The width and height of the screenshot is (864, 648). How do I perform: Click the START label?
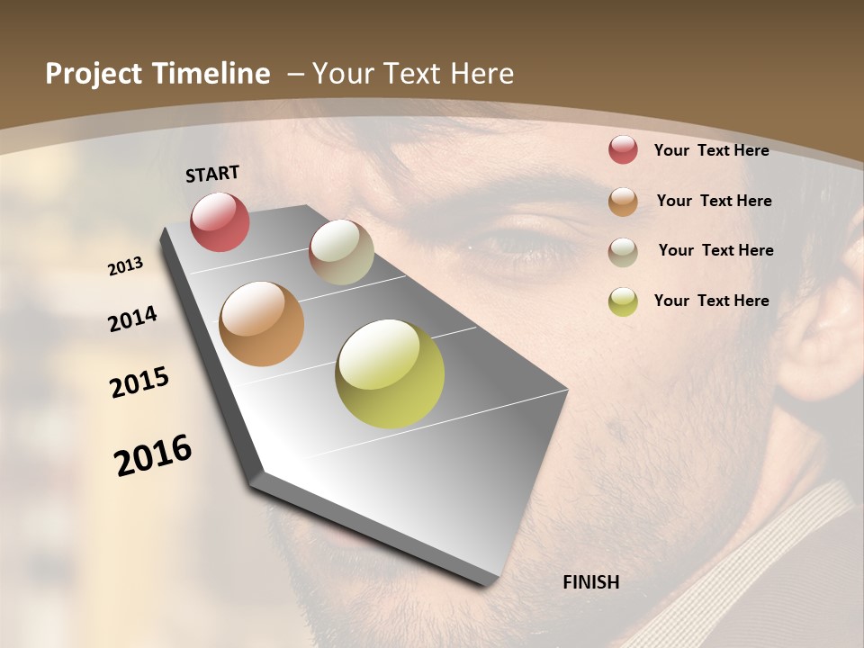(212, 174)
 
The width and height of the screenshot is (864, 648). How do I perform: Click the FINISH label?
(590, 582)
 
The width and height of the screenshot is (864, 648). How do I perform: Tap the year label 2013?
(125, 265)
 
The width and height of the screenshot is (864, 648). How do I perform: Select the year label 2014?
(132, 319)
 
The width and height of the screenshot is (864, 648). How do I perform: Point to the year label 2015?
(139, 382)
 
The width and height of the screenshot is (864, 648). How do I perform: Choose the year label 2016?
(153, 454)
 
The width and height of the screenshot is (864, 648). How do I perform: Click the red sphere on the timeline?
(220, 221)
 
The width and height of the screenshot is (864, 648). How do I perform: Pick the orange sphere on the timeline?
(261, 324)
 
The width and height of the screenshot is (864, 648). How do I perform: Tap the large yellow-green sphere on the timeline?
(390, 373)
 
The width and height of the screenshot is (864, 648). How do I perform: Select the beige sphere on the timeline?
(341, 252)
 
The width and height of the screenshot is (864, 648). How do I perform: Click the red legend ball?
(623, 149)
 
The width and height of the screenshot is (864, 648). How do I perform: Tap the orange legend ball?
(623, 201)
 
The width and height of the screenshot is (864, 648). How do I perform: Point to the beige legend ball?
(623, 251)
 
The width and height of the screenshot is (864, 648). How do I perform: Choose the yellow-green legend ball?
(623, 301)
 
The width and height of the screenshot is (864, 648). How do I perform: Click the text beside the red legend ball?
(711, 150)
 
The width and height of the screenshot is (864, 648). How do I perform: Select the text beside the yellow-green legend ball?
(711, 301)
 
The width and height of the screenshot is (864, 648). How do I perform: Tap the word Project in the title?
(92, 74)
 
